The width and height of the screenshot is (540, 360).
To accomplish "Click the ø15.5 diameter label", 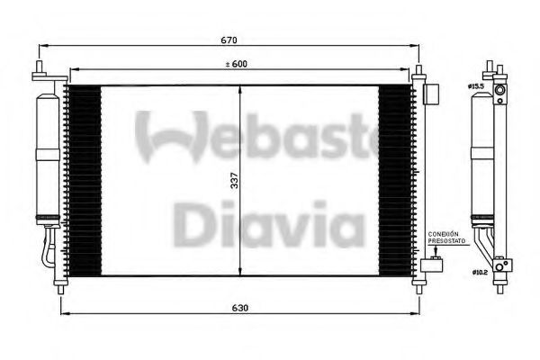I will tap(475, 85).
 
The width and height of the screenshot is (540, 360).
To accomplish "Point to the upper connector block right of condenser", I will tap(431, 92).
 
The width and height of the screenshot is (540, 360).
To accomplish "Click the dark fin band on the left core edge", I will tap(85, 180).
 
